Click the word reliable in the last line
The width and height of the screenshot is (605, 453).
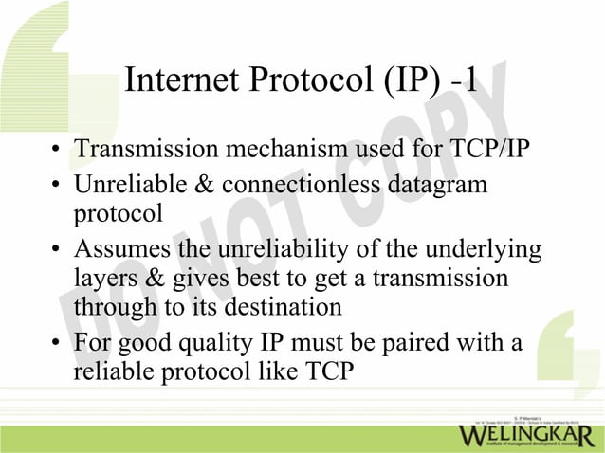(113, 371)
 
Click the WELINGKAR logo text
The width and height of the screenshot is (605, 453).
(527, 435)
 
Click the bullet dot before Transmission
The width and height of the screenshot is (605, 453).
(57, 152)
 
